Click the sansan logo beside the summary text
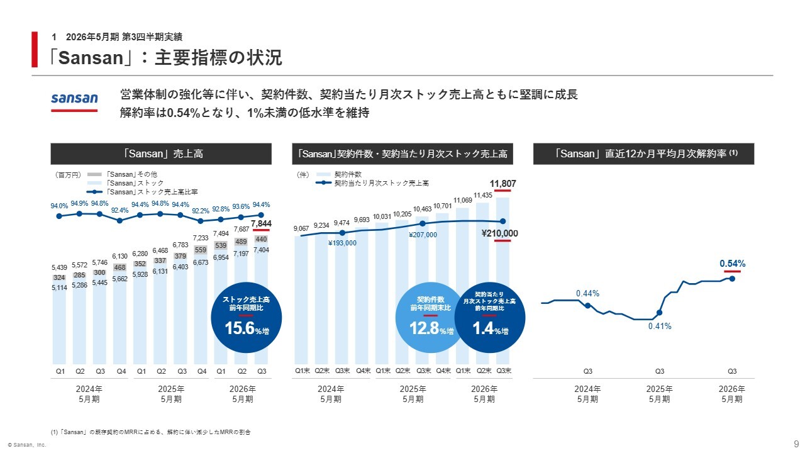click(x=74, y=99)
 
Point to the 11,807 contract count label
click(x=503, y=184)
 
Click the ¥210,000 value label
click(x=499, y=233)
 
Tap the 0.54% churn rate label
click(x=732, y=263)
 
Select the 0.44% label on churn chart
click(x=587, y=293)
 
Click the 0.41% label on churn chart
click(x=660, y=326)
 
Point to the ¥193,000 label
click(x=342, y=243)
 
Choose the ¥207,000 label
click(x=423, y=235)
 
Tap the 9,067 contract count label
click(x=302, y=229)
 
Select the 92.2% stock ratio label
click(x=201, y=211)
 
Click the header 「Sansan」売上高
click(x=161, y=154)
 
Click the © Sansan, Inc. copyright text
click(x=27, y=445)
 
